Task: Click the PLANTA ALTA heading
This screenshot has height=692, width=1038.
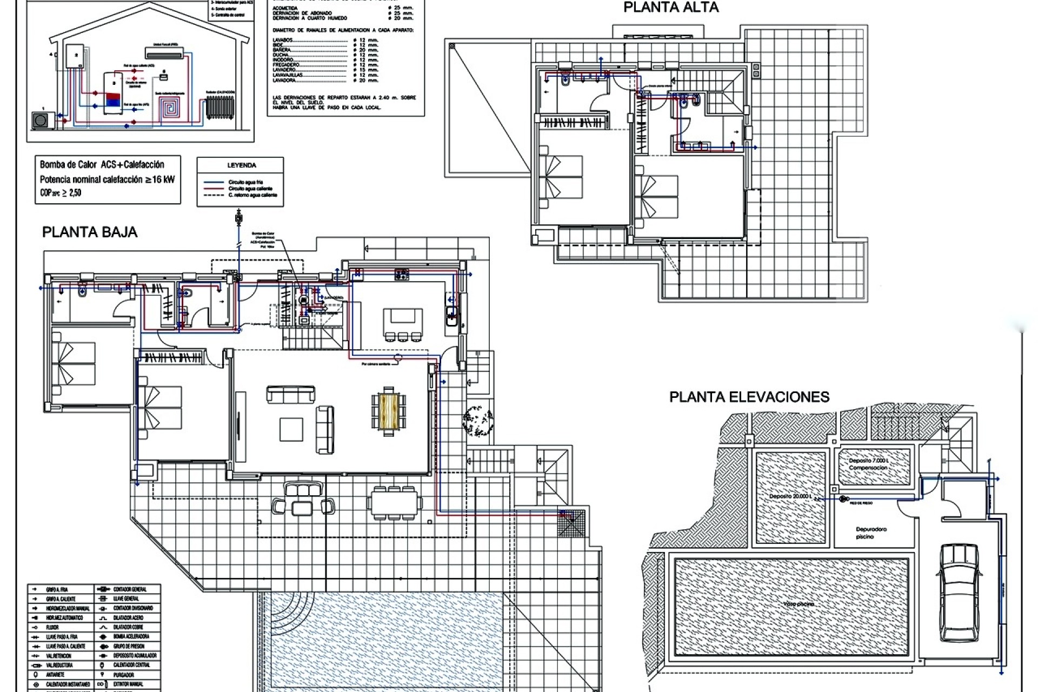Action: tap(670, 8)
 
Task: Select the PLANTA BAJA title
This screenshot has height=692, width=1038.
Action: tap(90, 232)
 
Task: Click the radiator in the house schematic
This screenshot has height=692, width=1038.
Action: tap(219, 109)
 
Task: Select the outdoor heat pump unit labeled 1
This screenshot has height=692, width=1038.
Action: tap(41, 119)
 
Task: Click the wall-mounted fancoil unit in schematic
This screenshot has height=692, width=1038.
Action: tap(164, 52)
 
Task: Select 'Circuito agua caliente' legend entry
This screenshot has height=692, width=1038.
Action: tap(250, 189)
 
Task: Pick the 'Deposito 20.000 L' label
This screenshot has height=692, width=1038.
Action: tap(790, 496)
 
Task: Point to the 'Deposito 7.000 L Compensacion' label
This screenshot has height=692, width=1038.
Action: tap(868, 464)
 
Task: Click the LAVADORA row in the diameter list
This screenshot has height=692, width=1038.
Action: tap(285, 81)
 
